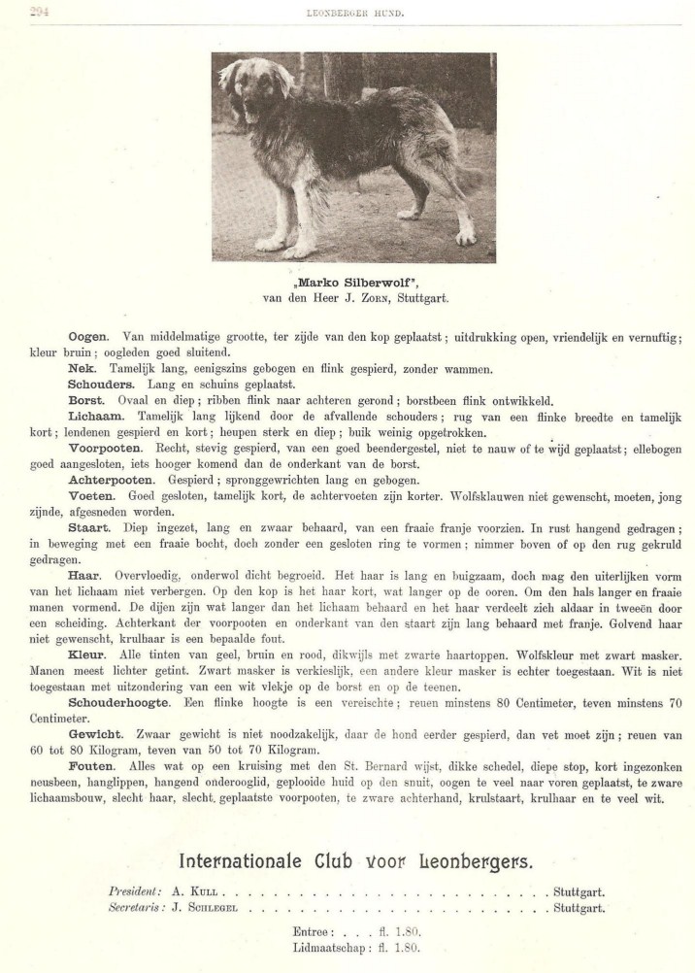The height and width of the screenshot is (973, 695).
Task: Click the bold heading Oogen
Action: coord(87,337)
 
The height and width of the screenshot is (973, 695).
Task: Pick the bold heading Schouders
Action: coord(101,385)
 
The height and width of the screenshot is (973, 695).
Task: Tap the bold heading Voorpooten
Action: coord(105,449)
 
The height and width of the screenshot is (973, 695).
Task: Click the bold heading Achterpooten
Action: coord(111,480)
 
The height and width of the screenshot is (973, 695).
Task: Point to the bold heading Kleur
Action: coord(86,656)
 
